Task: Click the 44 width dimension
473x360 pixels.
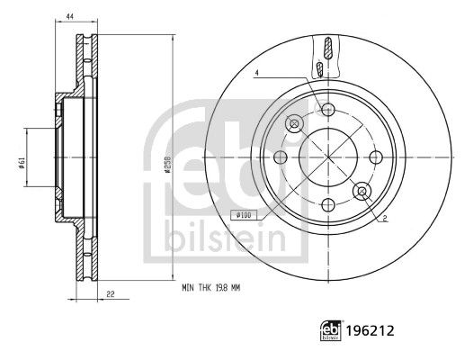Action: coord(69,15)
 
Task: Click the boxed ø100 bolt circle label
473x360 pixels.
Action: coord(243,215)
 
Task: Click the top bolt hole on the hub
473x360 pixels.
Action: coord(328,110)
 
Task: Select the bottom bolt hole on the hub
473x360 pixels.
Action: coord(328,203)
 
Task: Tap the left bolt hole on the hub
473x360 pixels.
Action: coord(281,157)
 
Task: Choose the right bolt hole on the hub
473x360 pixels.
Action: coord(375,157)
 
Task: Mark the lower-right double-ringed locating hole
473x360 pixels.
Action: coord(361,190)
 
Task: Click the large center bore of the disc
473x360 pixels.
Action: coord(328,157)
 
